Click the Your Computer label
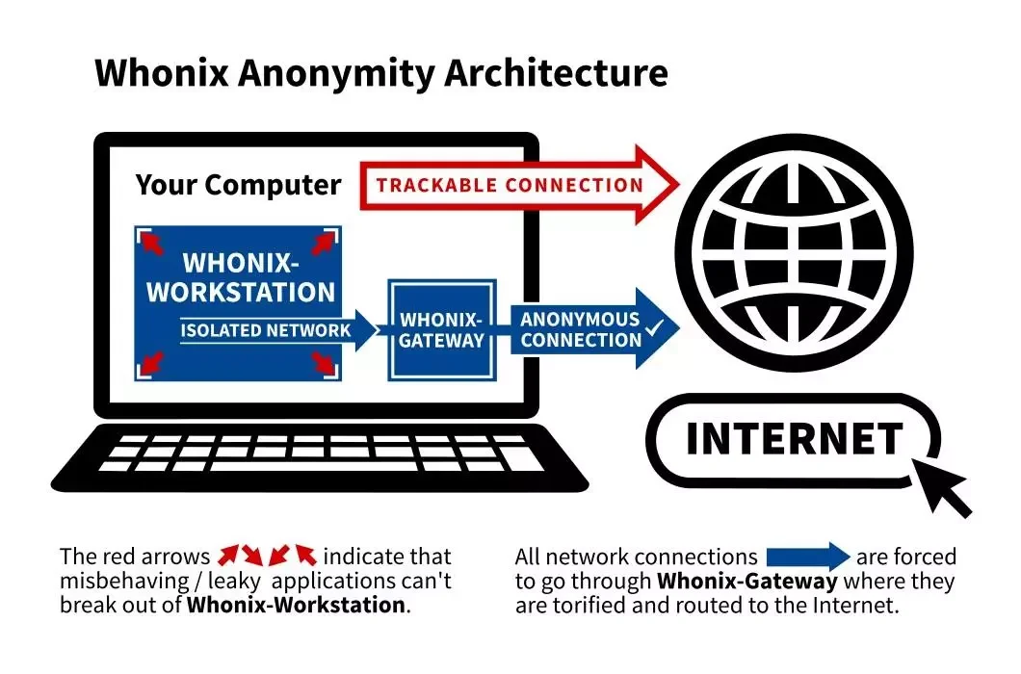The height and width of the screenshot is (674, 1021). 238,185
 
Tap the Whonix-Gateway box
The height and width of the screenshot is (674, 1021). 441,329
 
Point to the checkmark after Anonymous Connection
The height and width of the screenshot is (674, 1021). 655,328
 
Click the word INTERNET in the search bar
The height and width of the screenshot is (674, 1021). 795,439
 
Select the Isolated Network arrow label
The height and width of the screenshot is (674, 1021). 267,330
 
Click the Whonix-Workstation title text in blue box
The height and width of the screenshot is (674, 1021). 241,277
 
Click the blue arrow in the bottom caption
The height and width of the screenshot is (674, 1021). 807,557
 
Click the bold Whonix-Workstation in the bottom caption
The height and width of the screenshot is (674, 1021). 295,606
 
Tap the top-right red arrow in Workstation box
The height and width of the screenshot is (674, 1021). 325,241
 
